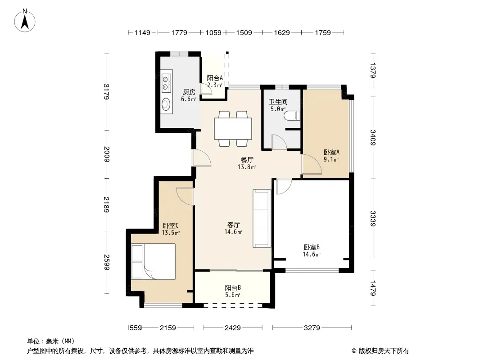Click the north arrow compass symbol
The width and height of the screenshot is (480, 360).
coord(25,21)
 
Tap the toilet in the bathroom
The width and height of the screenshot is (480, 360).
coord(292,116)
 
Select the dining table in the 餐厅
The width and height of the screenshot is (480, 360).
coord(233,128)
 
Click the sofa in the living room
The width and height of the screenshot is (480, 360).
coord(262,218)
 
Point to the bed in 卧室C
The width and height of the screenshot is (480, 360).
coord(154,261)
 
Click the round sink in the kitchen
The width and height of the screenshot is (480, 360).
coord(166,103)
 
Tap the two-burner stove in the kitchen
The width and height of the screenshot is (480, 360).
coord(166,82)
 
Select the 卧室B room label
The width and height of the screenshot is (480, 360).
coord(312,247)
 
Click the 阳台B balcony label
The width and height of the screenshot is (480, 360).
coord(233,288)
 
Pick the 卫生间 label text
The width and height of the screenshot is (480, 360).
coord(278,102)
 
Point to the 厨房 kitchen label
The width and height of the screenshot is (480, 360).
coord(189,92)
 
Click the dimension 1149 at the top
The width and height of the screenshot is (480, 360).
coord(142,32)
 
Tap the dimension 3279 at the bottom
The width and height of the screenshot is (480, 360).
coord(312,328)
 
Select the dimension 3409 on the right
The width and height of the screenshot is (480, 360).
coord(372,138)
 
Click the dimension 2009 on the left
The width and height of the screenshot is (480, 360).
coord(106,154)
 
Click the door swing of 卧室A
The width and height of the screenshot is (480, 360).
coord(312,164)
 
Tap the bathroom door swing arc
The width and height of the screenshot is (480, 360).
coord(279,142)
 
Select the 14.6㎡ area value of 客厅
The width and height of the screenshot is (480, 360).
coord(233,232)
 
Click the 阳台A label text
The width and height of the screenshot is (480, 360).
coord(215,78)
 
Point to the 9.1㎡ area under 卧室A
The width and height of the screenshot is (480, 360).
coord(331,159)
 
